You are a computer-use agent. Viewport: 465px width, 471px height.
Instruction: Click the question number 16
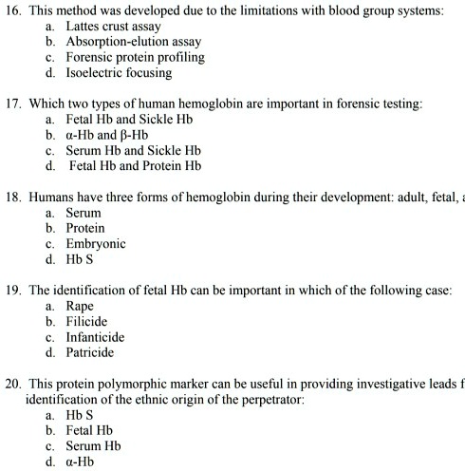point(12,10)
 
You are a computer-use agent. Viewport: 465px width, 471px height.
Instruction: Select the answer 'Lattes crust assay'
point(112,27)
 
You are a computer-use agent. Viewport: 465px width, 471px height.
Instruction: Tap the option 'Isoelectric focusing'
point(119,72)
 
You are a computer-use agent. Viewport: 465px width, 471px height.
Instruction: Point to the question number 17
point(12,103)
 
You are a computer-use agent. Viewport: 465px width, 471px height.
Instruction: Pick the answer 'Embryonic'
point(97,244)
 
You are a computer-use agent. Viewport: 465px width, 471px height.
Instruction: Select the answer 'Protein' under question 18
point(88,229)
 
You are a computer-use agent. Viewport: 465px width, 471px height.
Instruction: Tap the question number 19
point(12,291)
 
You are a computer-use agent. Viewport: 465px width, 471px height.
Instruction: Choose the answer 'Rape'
point(81,307)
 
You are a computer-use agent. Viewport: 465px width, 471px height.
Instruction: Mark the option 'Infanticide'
point(96,337)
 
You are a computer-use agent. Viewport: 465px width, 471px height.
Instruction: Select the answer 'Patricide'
point(91,352)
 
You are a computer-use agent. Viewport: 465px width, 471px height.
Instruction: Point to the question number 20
point(12,383)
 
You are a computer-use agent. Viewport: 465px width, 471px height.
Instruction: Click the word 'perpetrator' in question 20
point(270,399)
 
